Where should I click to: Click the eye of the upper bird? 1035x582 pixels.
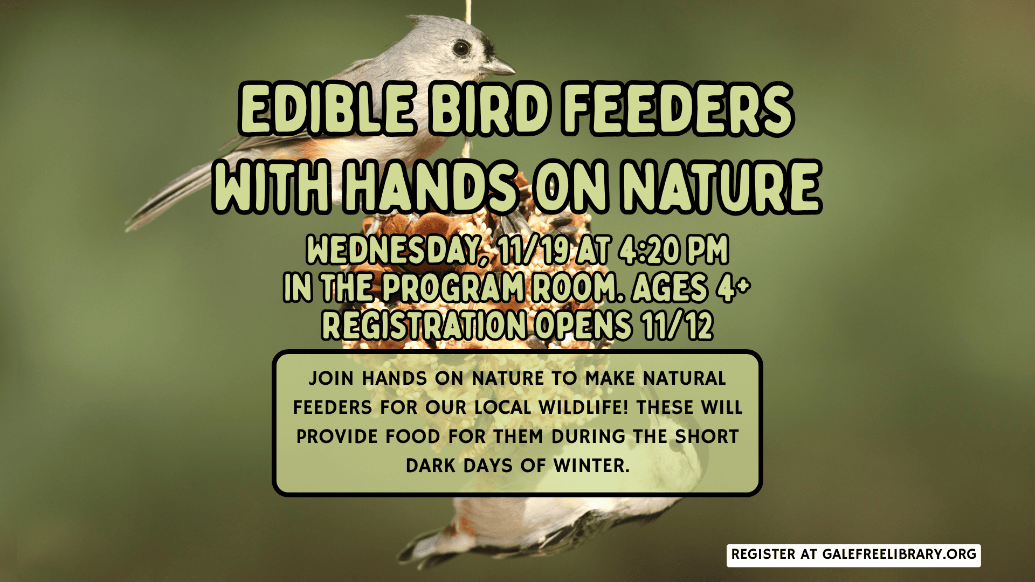click(x=461, y=48)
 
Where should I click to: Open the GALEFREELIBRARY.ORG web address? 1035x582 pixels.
click(x=899, y=555)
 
